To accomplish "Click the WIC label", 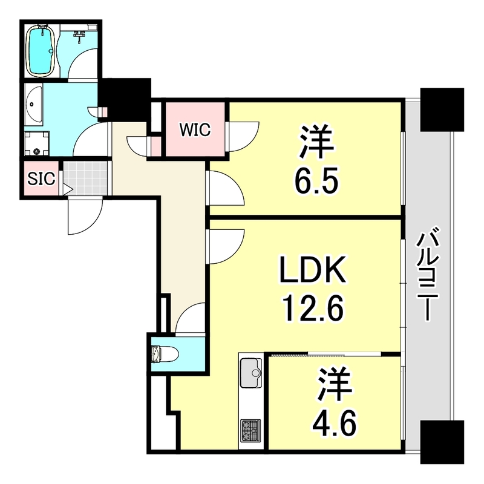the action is [194, 129].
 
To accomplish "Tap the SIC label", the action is [41, 178].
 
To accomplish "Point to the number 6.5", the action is [315, 180].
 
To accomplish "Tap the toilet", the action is [163, 354].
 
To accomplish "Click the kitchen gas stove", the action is [250, 430].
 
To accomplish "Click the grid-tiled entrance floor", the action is [85, 178].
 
